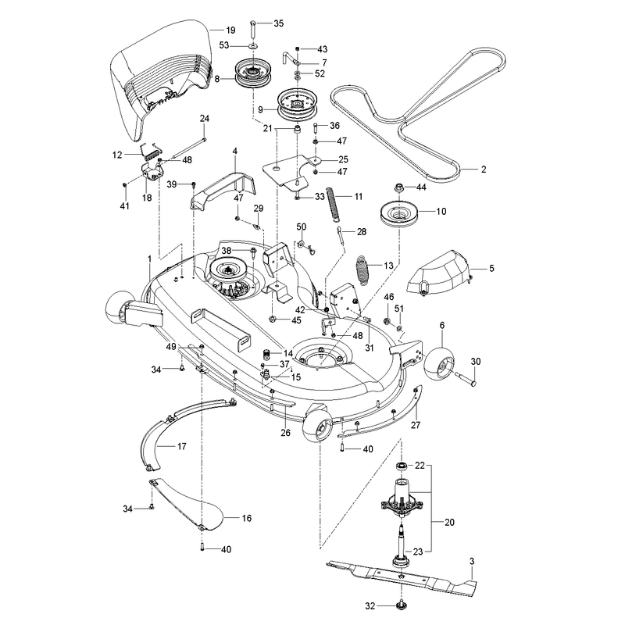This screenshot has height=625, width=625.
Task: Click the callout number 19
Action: pyautogui.click(x=230, y=30)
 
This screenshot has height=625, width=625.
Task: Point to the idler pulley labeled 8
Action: pyautogui.click(x=252, y=72)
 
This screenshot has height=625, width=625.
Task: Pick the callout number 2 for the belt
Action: pyautogui.click(x=484, y=169)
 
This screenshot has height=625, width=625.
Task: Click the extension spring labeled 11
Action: pyautogui.click(x=334, y=203)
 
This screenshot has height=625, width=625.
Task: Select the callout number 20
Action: pyautogui.click(x=449, y=522)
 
